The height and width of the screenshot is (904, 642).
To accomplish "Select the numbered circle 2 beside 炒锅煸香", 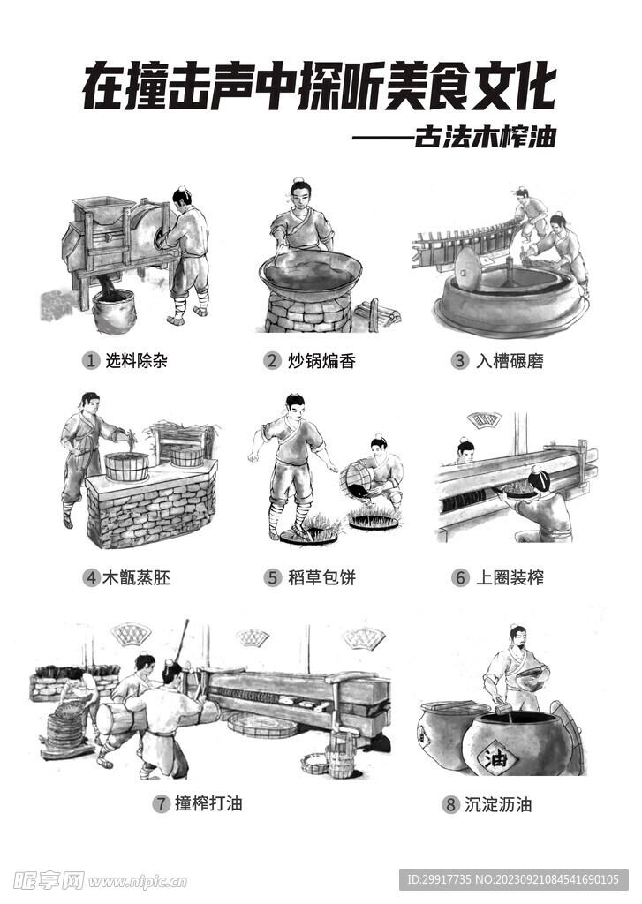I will [x=272, y=360].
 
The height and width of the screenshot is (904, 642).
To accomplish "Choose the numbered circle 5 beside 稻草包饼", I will [x=272, y=578].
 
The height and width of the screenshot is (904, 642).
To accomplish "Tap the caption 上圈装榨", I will [x=510, y=578].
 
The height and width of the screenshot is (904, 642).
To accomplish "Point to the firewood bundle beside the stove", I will [x=377, y=313].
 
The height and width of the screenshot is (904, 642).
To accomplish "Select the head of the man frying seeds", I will [x=301, y=192].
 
